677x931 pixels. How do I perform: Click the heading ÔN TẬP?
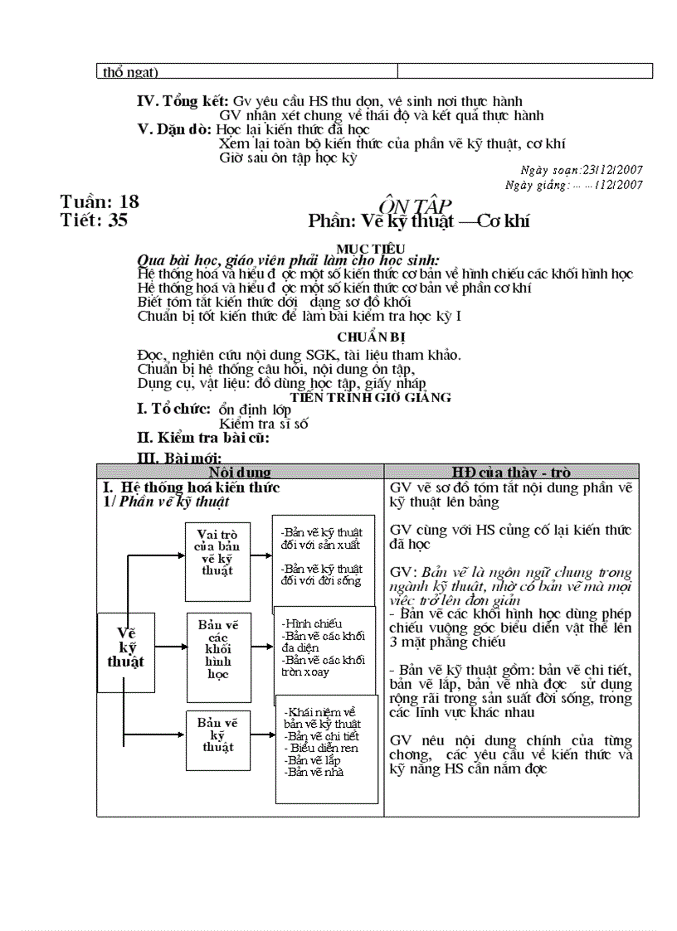click(x=415, y=205)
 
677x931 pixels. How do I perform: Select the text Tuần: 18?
click(x=100, y=201)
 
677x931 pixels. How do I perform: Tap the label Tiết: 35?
click(x=94, y=221)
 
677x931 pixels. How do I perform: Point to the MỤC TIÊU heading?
click(x=371, y=248)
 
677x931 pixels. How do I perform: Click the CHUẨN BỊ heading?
click(x=371, y=337)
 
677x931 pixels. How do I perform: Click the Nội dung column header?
click(x=240, y=472)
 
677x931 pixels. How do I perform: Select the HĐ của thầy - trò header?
click(x=511, y=472)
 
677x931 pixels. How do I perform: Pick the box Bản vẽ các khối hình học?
click(x=217, y=648)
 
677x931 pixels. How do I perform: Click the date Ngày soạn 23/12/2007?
click(x=574, y=170)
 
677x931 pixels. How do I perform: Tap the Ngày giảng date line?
click(x=573, y=185)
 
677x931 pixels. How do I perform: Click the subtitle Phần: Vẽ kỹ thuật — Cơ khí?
click(x=418, y=221)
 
